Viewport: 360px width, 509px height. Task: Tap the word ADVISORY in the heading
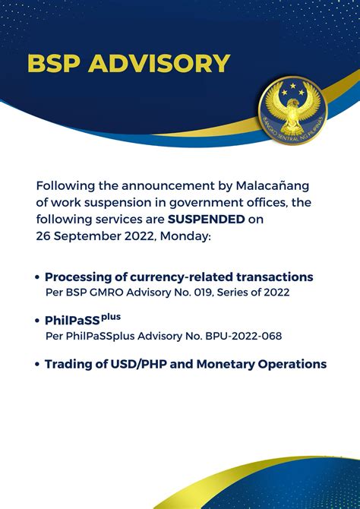pos(159,64)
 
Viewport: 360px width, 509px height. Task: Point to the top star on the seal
pos(293,86)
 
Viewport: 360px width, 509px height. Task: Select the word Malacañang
pos(273,187)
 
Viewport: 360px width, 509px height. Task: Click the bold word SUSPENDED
pos(206,220)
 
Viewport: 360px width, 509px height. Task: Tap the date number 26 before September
pos(43,236)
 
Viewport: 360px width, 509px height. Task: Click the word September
pos(87,237)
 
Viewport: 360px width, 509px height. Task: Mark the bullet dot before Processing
pos(37,277)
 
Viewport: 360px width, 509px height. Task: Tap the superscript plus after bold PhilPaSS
pos(111,318)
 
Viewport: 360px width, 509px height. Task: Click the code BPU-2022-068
pos(244,337)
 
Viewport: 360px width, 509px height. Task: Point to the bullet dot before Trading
pos(37,365)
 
